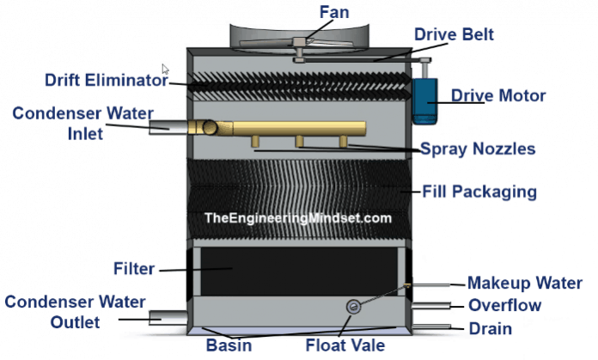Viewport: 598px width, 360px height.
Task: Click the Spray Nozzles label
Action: point(478,149)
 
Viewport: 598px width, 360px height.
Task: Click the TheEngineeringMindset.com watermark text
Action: point(297,218)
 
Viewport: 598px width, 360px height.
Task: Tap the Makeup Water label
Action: point(524,284)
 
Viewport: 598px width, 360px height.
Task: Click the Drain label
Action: point(491,328)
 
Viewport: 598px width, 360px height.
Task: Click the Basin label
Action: point(229,346)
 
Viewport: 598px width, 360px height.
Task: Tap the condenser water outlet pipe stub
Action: point(165,318)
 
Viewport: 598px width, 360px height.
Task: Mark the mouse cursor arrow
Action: point(166,69)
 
